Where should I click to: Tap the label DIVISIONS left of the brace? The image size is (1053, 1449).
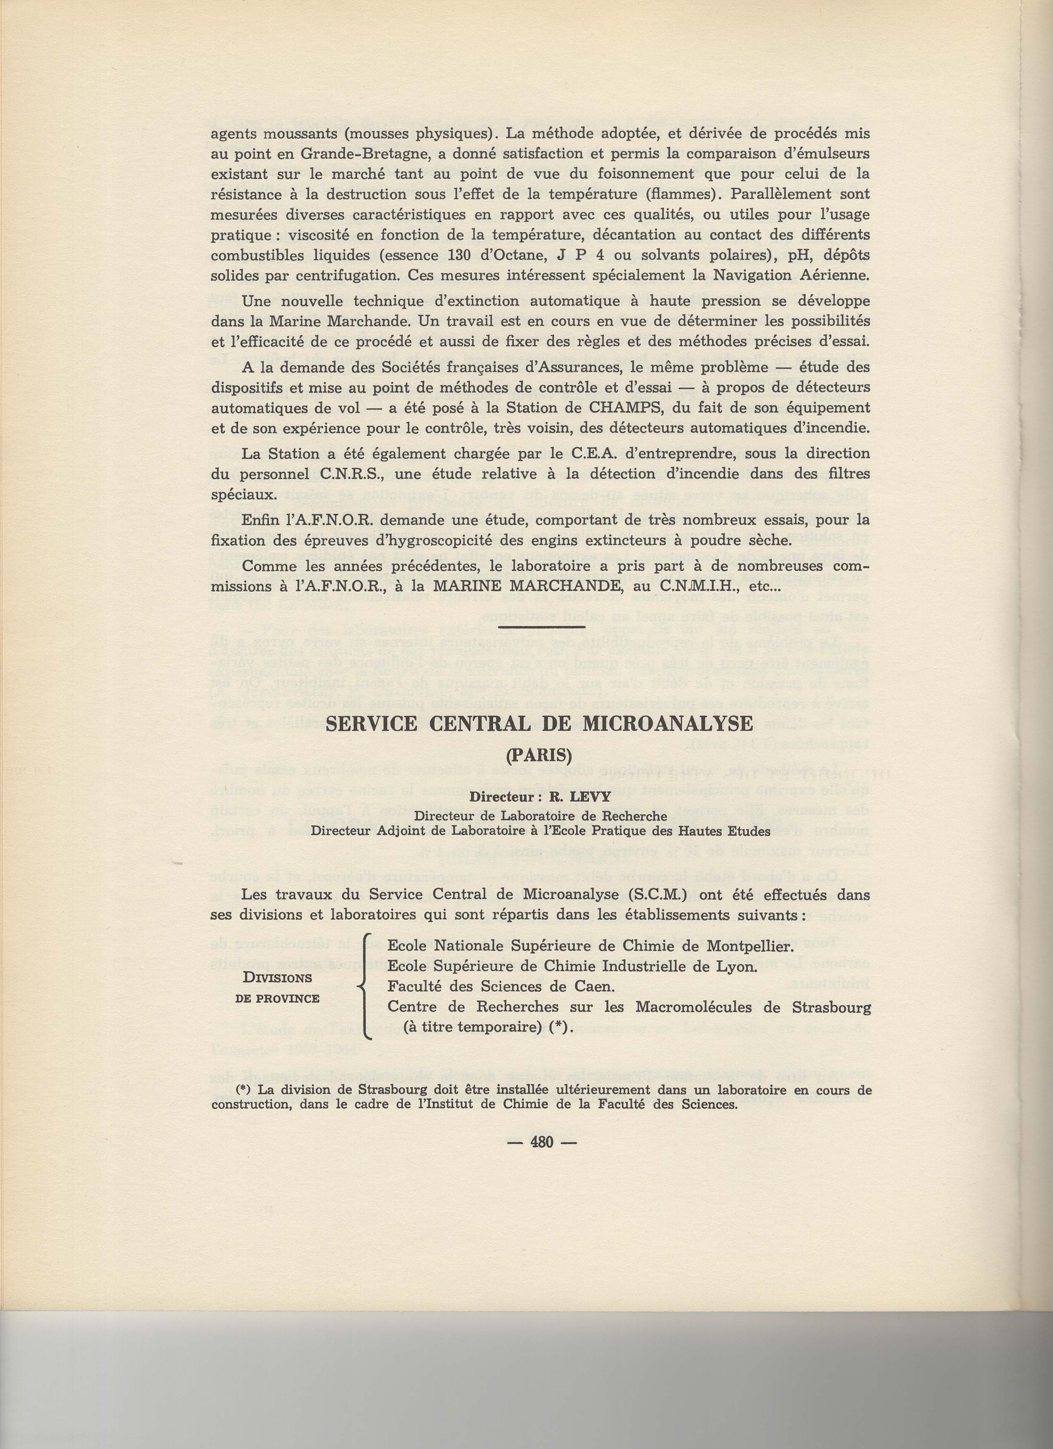(x=277, y=978)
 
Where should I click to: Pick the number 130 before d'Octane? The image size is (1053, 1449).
(x=456, y=256)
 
